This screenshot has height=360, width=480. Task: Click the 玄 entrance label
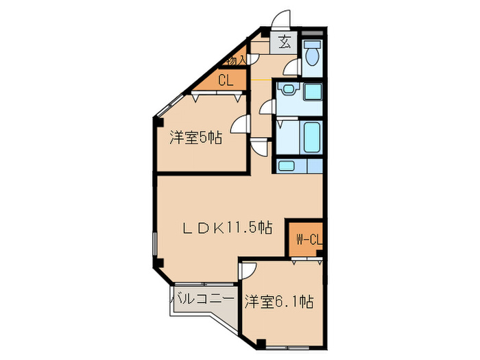[x=284, y=41]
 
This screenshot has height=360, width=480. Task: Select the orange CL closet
[x=225, y=80]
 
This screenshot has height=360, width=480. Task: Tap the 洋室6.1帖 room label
[x=279, y=301]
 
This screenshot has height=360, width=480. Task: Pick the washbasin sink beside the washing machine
[x=287, y=92]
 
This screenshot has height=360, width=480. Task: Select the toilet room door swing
[x=293, y=67]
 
